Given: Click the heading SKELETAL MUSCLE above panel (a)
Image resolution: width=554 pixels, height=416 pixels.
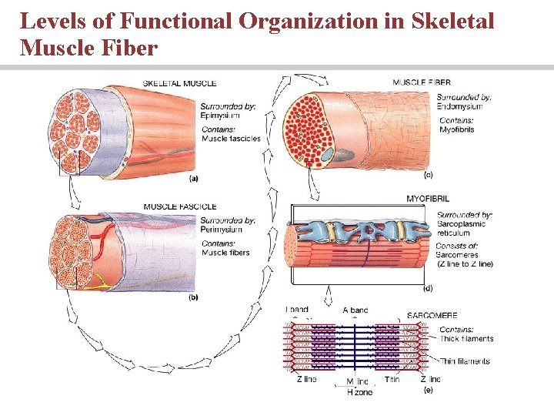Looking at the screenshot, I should coord(179,83).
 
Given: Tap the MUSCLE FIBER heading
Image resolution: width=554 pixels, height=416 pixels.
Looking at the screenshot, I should coord(422,82).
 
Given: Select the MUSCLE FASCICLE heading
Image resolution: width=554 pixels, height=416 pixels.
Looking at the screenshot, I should coord(180,206).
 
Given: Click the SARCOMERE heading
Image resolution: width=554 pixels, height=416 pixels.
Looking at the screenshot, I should coord(432,316).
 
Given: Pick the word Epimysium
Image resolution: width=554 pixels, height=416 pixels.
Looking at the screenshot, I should coord(218,116).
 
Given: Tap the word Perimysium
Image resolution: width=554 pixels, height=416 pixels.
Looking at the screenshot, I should coord(222,230).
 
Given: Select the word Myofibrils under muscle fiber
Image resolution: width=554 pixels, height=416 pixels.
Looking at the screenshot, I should coord(456,130).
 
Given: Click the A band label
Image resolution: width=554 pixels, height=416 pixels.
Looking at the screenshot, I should coord(355,310).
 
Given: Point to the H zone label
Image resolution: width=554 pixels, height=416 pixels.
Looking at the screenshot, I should coord(359,392).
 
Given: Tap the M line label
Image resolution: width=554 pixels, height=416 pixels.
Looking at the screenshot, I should coord(357,381).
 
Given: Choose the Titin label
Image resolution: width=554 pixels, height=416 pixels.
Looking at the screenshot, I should coord(392,380).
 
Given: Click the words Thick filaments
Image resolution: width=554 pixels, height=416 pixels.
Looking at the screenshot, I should coord(466,339).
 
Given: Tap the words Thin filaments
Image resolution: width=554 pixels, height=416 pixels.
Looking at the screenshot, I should coord(465,361).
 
